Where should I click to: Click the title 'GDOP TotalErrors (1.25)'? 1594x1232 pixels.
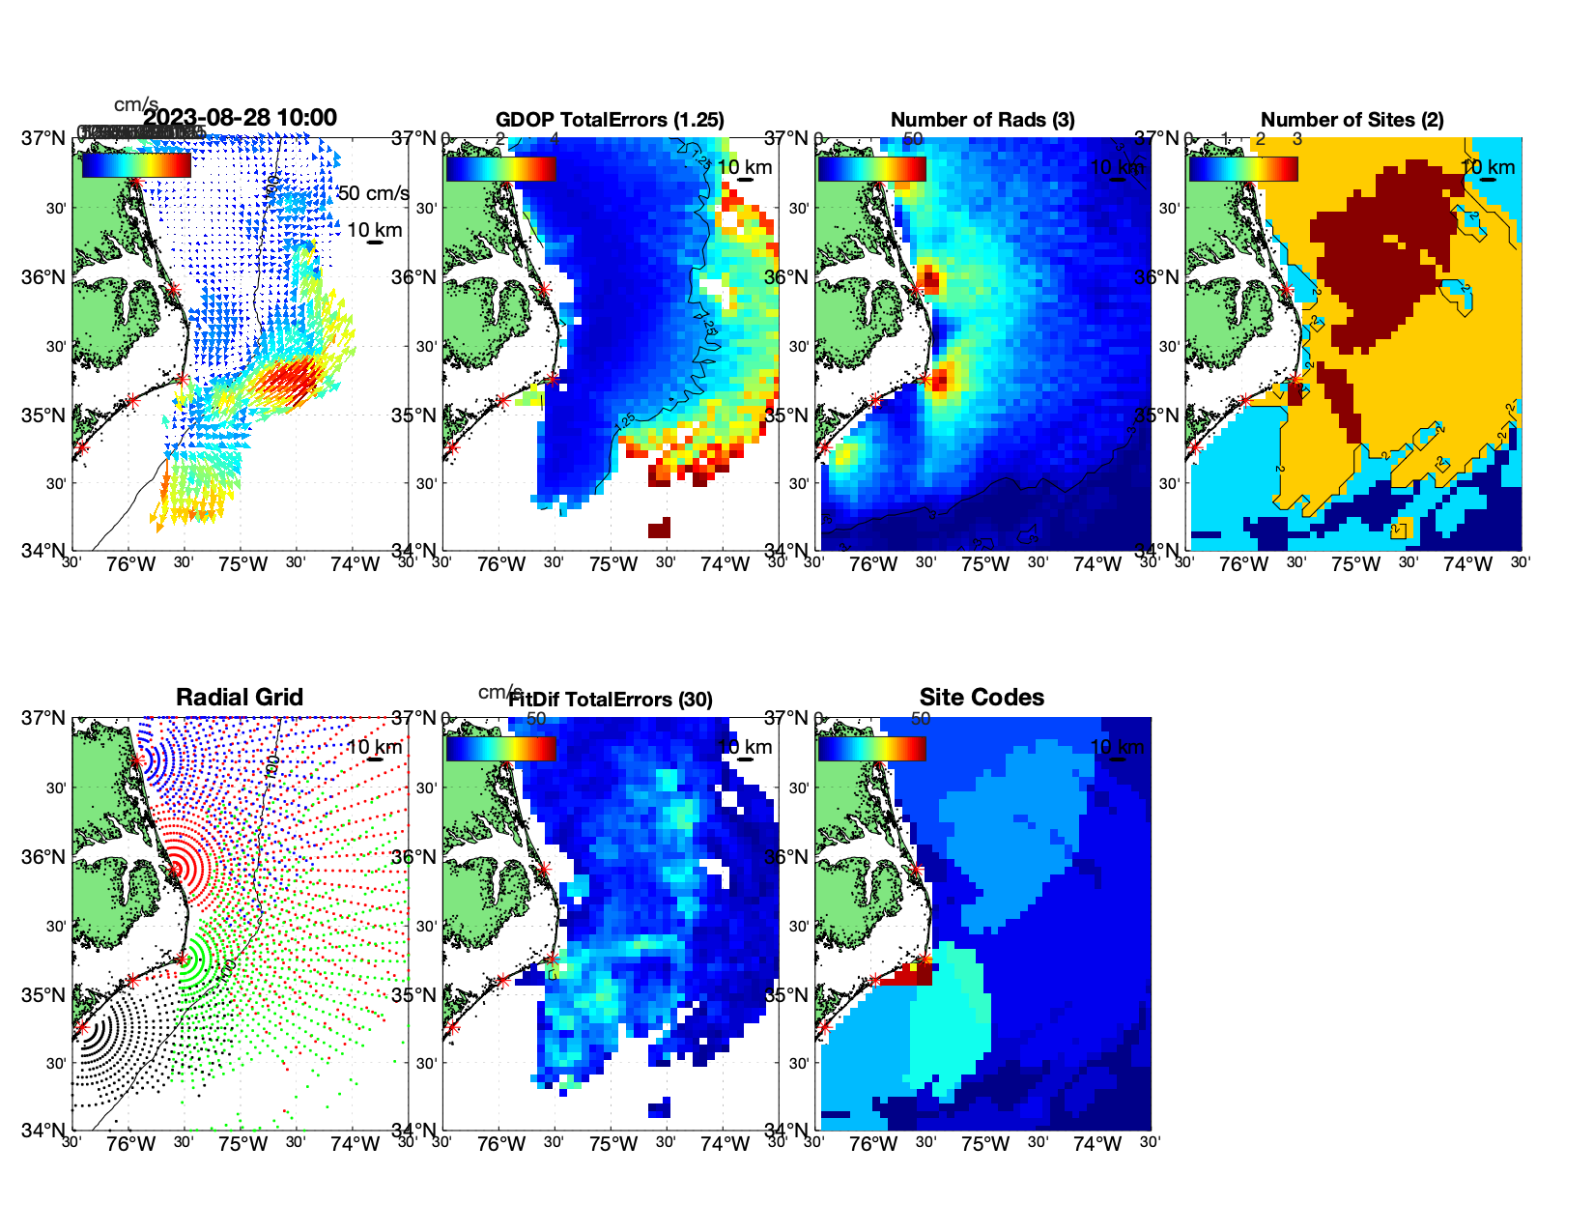click(610, 120)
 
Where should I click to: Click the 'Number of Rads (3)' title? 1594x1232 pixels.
click(982, 120)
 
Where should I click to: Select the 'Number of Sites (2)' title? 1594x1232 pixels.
click(1352, 120)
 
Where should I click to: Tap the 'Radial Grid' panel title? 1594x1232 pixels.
click(240, 698)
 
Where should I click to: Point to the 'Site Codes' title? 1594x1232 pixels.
click(982, 698)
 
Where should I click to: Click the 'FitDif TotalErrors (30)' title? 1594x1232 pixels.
click(611, 700)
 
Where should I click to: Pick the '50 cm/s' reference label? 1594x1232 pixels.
click(373, 193)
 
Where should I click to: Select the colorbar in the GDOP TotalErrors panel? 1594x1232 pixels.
click(500, 168)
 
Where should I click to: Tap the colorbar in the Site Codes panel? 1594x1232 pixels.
click(871, 748)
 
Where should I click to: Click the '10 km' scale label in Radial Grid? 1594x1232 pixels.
click(374, 747)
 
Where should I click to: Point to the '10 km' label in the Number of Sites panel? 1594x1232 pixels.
click(1488, 167)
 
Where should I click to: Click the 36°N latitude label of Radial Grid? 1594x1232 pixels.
click(44, 857)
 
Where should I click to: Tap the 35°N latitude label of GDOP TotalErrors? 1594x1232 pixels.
click(415, 416)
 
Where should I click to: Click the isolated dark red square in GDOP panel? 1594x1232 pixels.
click(659, 529)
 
